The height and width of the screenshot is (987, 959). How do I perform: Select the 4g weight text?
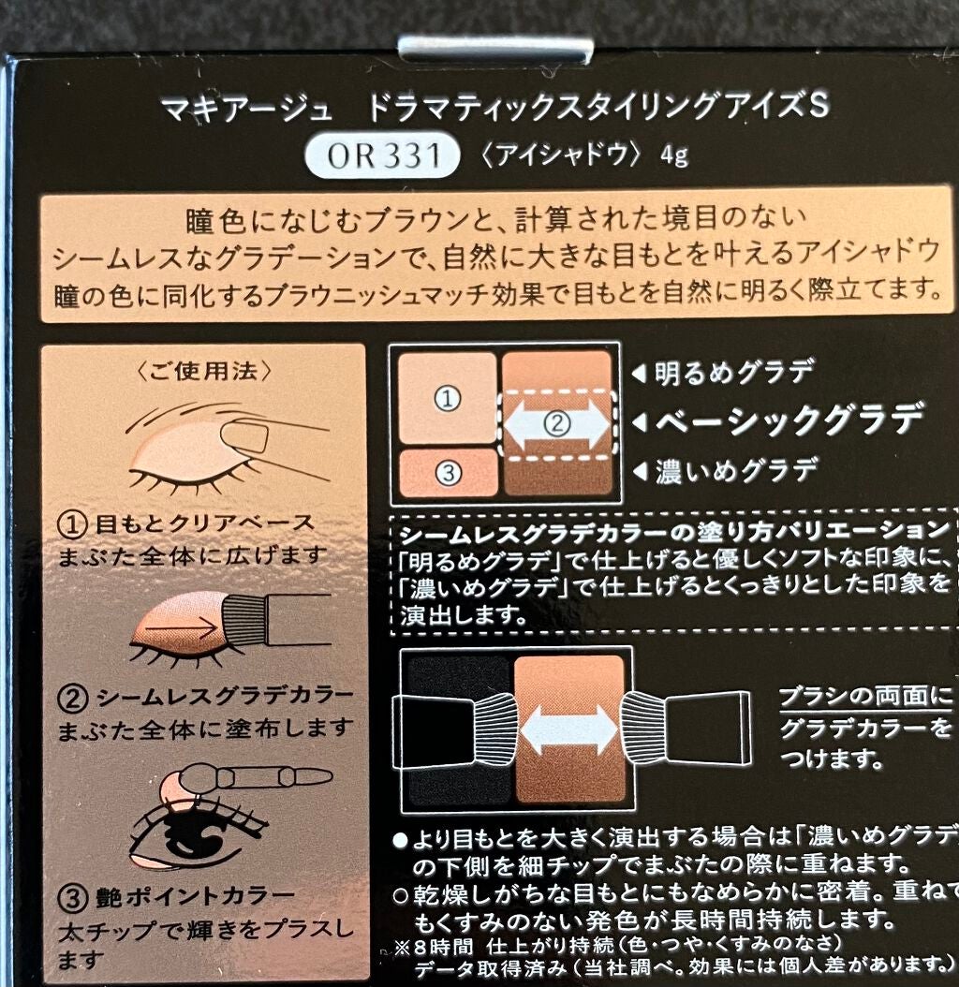pyautogui.click(x=673, y=155)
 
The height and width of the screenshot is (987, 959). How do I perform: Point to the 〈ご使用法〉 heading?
pyautogui.click(x=203, y=370)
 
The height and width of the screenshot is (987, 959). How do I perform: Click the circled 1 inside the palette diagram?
pyautogui.click(x=449, y=398)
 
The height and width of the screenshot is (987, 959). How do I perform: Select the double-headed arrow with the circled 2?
pyautogui.click(x=556, y=423)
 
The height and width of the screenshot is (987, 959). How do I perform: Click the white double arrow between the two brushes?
pyautogui.click(x=568, y=729)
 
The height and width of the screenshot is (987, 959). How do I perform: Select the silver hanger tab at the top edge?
pyautogui.click(x=494, y=49)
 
